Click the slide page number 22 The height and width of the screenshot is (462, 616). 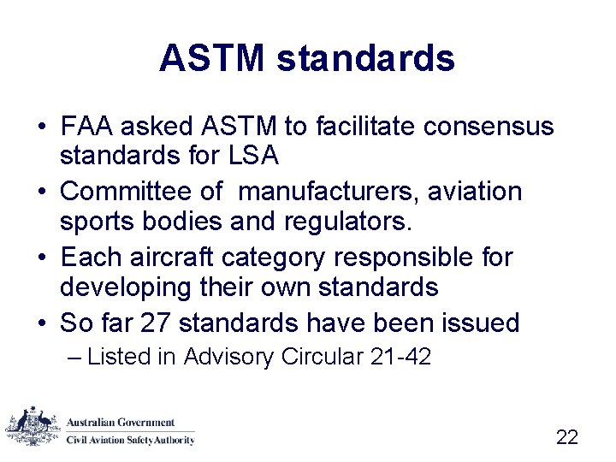567,437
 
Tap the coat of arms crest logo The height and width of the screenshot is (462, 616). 33,425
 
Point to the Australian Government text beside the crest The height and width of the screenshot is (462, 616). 121,423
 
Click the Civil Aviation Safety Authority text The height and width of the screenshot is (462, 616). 131,440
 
